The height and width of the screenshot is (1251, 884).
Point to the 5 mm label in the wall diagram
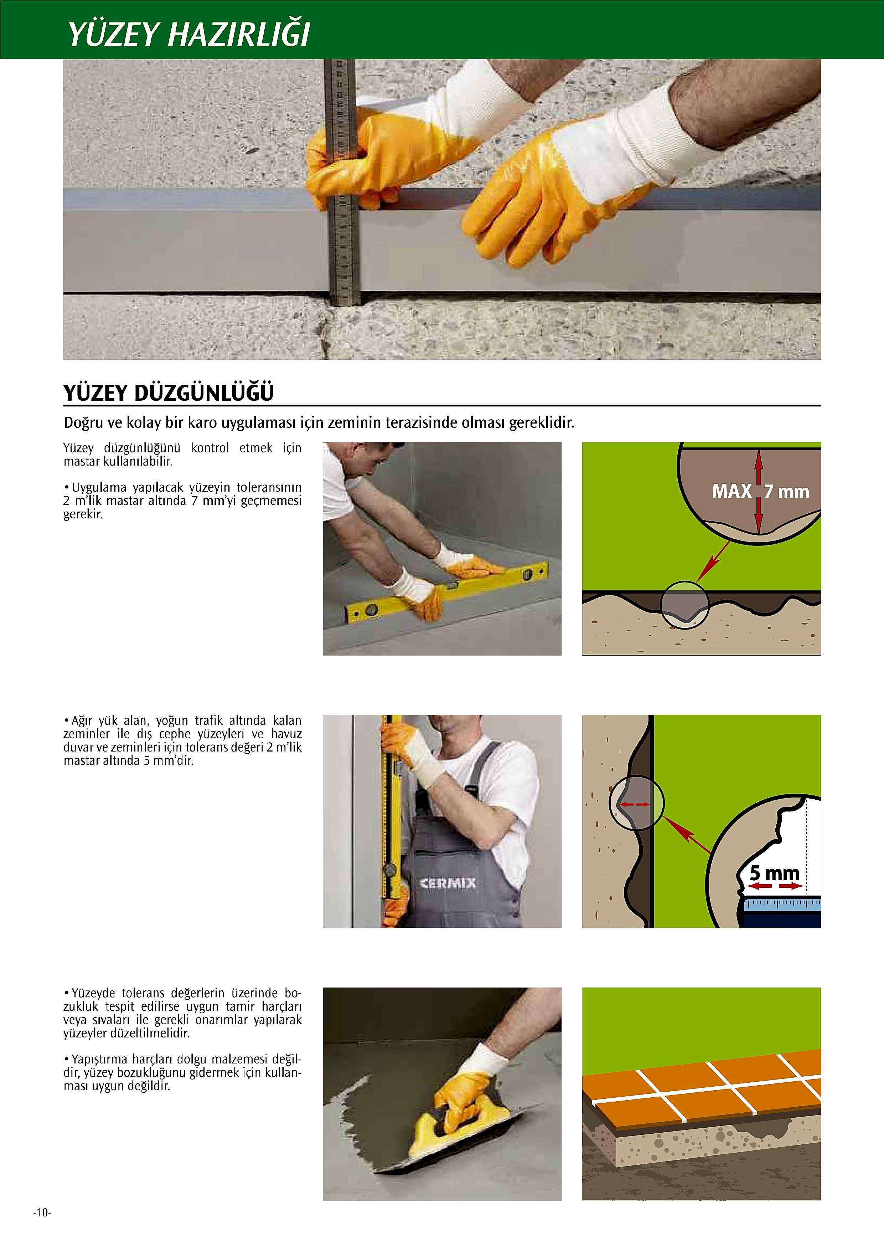pos(775,872)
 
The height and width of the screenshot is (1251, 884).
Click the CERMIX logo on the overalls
pos(448,883)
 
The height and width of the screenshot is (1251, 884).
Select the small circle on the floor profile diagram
pos(685,604)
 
